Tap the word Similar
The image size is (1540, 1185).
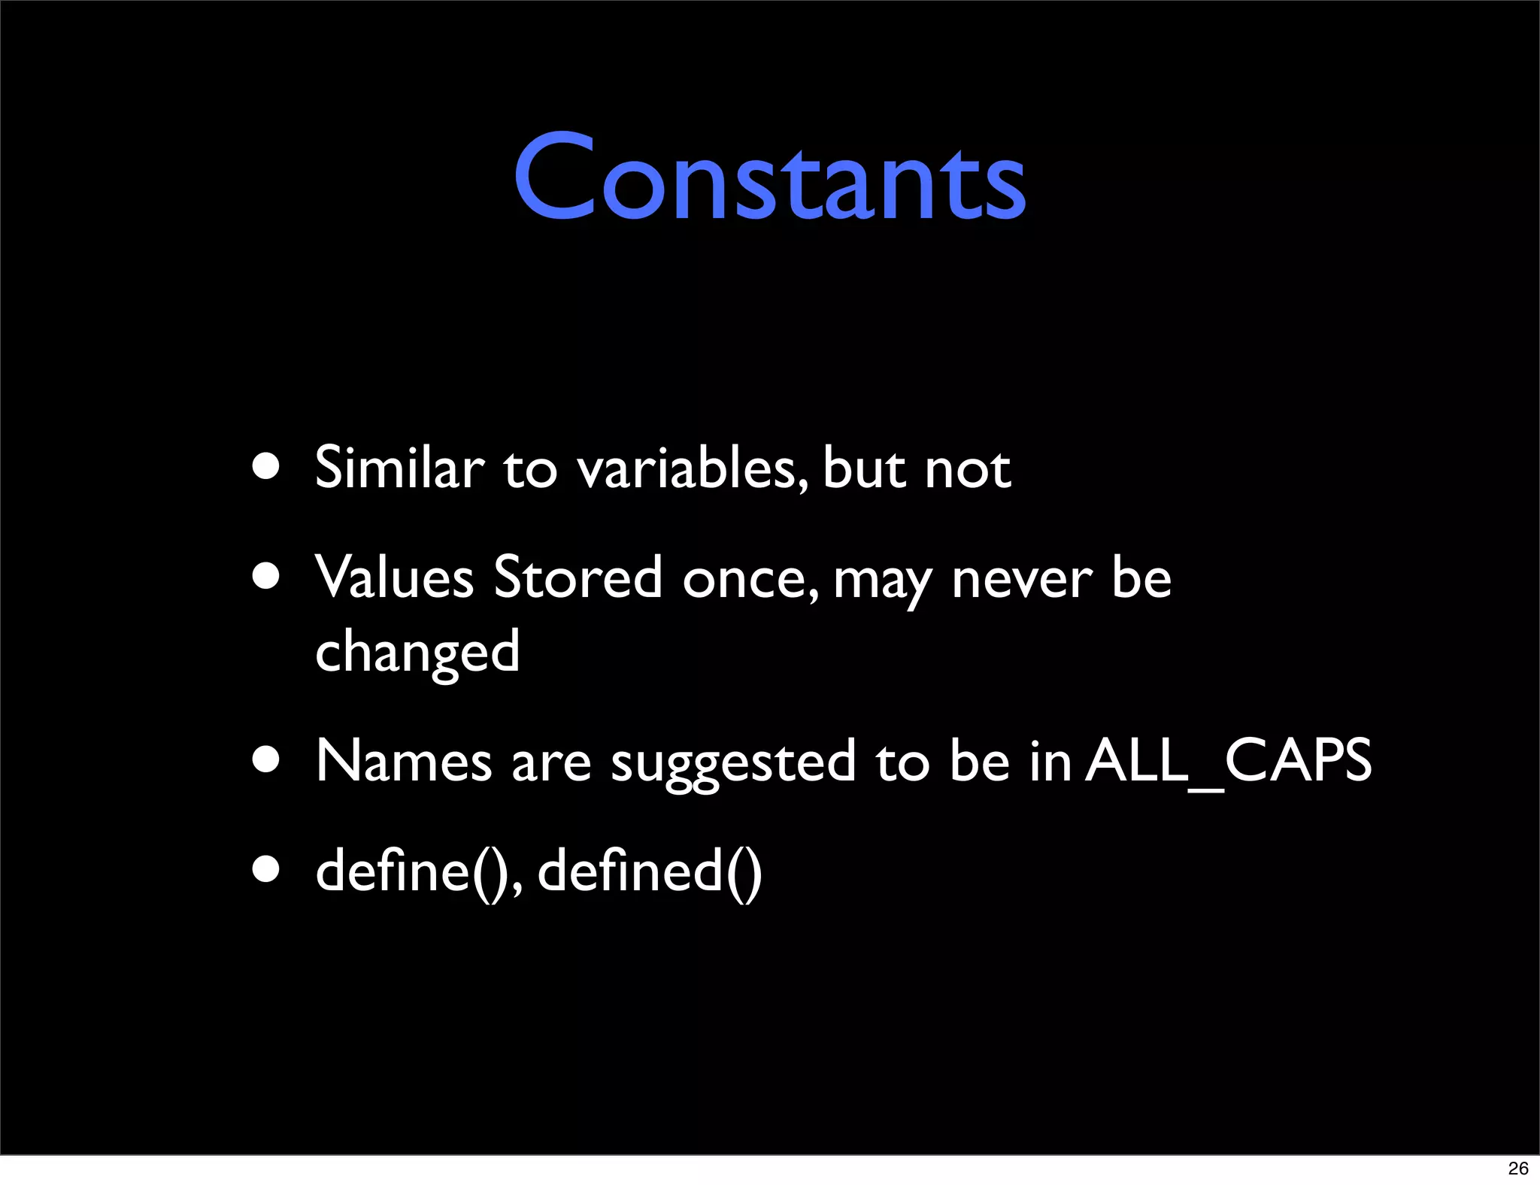399,467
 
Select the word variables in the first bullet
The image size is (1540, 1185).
693,468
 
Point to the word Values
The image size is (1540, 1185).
394,577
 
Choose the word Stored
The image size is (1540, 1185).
577,577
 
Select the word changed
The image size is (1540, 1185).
417,651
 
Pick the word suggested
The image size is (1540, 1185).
733,762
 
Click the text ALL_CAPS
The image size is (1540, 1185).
1229,760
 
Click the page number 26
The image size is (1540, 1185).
1518,1168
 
